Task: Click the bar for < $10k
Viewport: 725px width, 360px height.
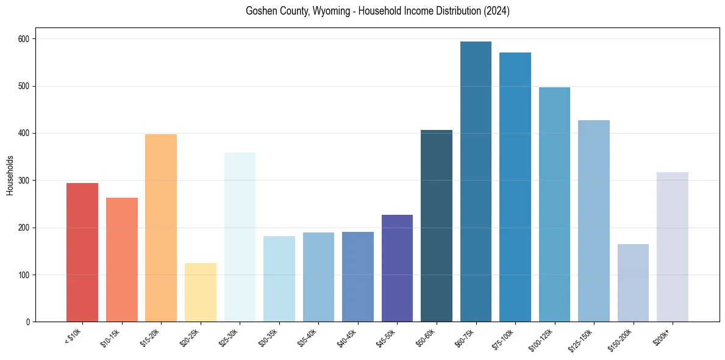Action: click(82, 252)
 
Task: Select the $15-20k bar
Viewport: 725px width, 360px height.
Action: click(161, 228)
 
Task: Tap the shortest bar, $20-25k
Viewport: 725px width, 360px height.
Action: click(201, 292)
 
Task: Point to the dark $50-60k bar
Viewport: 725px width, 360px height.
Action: click(437, 226)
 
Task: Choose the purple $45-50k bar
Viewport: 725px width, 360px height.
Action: click(397, 268)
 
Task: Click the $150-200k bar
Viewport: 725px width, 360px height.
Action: click(633, 283)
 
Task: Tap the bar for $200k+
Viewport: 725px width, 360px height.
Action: click(673, 247)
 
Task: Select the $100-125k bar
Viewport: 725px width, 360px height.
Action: click(554, 204)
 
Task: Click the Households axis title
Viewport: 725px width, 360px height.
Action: click(10, 175)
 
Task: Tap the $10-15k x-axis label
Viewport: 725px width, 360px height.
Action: click(112, 337)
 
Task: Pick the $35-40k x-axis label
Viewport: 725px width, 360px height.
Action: click(309, 337)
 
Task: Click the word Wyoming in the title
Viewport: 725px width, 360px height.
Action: click(330, 11)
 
